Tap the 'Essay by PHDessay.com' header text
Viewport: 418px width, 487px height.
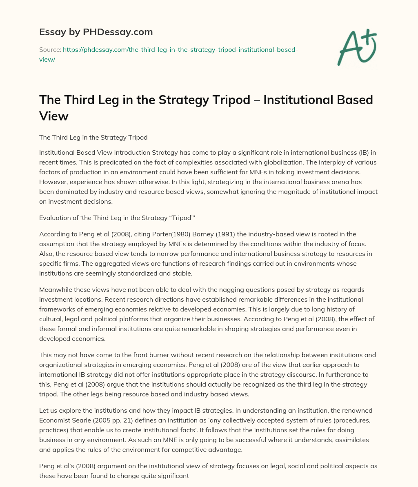[96, 31]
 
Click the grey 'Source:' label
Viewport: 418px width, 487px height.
[50, 49]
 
